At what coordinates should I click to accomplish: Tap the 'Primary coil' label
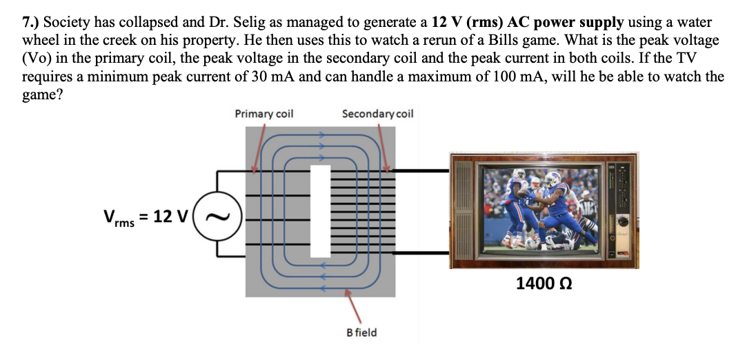coord(263,114)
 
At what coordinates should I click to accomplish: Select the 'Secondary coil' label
coord(377,114)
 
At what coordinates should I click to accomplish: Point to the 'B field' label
coord(361,332)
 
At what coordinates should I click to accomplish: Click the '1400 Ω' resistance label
coord(544,283)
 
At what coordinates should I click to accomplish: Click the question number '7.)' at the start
coord(31,23)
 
